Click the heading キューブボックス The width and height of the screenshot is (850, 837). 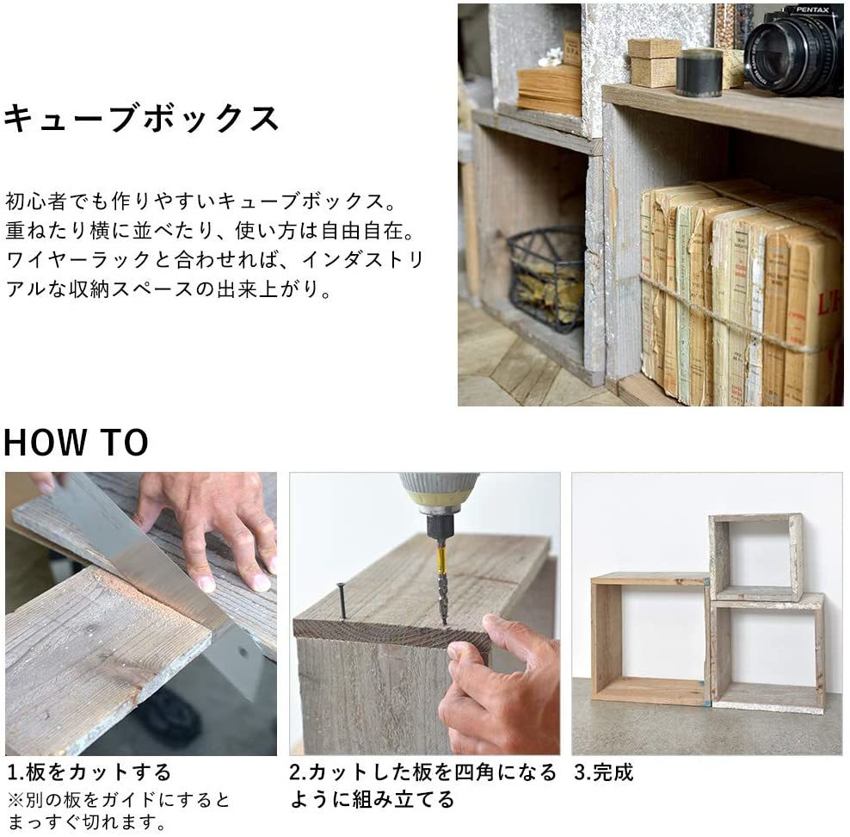[x=141, y=118]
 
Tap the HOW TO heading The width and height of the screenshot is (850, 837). [x=76, y=442]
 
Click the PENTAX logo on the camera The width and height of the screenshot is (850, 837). [x=812, y=9]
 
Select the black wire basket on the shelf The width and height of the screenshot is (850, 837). [x=546, y=278]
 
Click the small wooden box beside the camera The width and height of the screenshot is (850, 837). [x=653, y=62]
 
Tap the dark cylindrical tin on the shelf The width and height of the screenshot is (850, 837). [x=699, y=72]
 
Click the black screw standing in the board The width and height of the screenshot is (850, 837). [x=342, y=600]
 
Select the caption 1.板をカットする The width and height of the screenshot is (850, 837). [x=89, y=772]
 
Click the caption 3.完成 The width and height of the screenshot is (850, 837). [x=603, y=772]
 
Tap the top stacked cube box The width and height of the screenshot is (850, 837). [x=755, y=557]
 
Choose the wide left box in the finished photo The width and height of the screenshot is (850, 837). [x=650, y=639]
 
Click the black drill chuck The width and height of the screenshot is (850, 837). [x=440, y=526]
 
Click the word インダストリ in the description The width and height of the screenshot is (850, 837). [x=363, y=260]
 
